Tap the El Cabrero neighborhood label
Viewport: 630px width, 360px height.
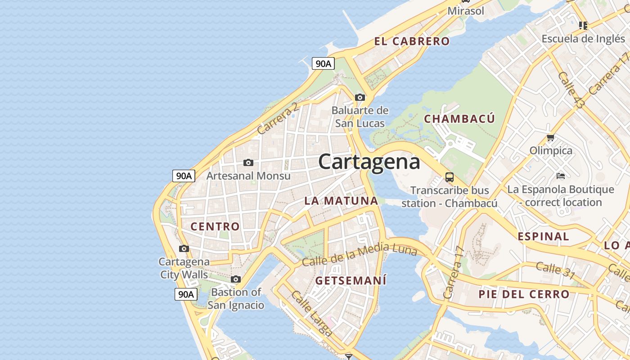click(412, 41)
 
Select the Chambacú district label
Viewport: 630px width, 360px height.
click(459, 119)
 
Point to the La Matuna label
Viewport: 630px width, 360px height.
click(341, 201)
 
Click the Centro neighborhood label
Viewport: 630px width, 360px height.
click(215, 226)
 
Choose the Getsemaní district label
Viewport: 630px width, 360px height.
click(351, 280)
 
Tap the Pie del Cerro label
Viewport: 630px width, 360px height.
click(524, 294)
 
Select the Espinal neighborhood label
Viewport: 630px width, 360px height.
click(543, 236)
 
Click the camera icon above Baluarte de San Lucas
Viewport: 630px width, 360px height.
click(360, 97)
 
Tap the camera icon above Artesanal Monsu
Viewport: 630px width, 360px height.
click(248, 162)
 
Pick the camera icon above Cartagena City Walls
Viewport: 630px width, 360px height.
click(184, 248)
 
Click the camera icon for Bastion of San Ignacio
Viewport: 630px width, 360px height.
click(235, 279)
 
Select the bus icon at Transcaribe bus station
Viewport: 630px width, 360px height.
click(449, 177)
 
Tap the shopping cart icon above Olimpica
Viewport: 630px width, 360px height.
click(550, 137)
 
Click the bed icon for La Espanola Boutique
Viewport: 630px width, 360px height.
click(560, 175)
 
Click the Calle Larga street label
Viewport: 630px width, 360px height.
click(312, 314)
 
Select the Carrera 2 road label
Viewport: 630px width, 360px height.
click(278, 119)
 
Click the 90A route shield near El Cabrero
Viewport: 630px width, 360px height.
click(323, 64)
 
